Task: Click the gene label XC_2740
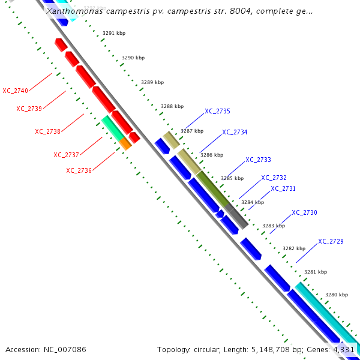tap(15, 91)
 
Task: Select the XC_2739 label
tap(29, 109)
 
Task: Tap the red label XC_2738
tap(47, 131)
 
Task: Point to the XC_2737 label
tap(66, 155)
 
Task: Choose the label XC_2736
tap(79, 170)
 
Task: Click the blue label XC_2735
tap(217, 111)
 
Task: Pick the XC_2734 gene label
tap(235, 132)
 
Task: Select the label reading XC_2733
tap(258, 160)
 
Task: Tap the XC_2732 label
tap(274, 178)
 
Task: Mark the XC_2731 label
tap(283, 188)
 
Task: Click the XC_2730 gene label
tap(304, 212)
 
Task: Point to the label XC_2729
tap(331, 241)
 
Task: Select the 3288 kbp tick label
tap(172, 106)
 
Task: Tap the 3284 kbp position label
tap(252, 202)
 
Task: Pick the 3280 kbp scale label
tap(336, 295)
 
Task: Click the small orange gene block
tap(125, 143)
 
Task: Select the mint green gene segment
tap(111, 127)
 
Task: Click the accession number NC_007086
tap(46, 349)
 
